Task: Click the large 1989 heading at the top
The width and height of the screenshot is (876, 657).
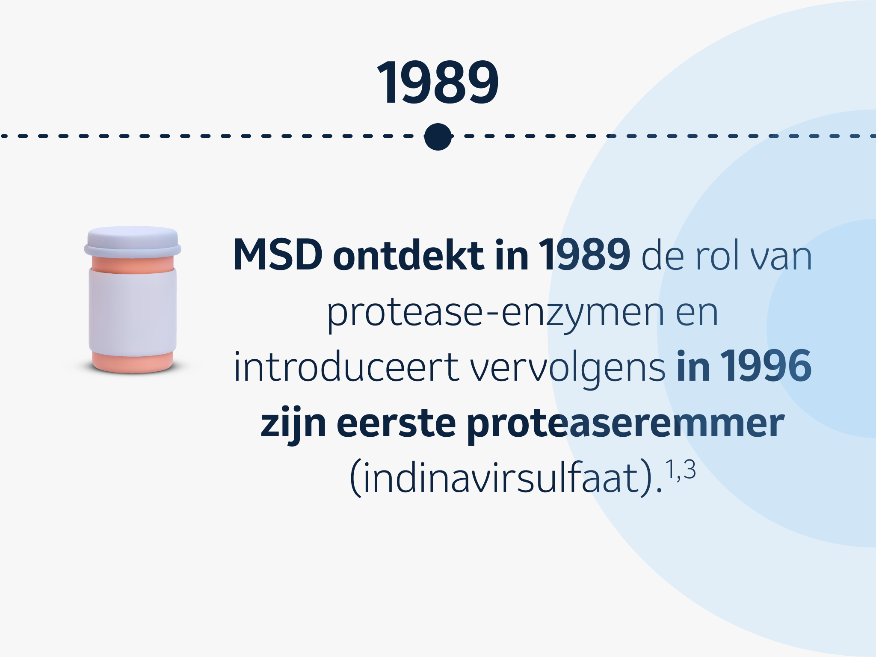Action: point(438,82)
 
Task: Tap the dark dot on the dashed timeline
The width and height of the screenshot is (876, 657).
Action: point(438,137)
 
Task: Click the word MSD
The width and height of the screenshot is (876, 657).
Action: point(278,255)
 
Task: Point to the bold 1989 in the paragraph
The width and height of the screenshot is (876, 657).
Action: point(584,255)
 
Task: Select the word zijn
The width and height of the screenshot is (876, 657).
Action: point(293,424)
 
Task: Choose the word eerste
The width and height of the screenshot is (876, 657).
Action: point(396,423)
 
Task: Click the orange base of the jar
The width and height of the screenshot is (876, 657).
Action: point(133,362)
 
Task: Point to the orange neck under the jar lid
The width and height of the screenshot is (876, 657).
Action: point(133,264)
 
